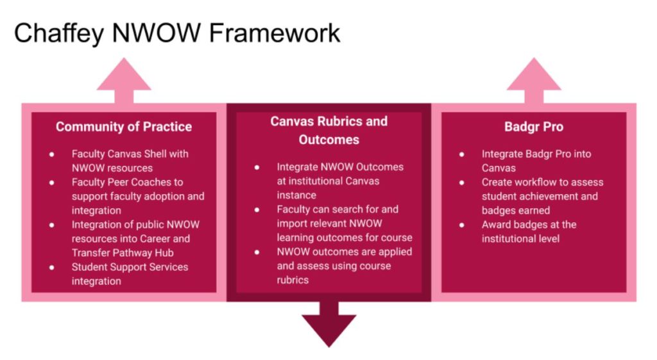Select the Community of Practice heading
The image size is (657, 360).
(124, 127)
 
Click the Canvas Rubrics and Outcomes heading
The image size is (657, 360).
(328, 130)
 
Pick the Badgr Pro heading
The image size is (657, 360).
(534, 127)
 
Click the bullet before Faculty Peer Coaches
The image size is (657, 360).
(52, 183)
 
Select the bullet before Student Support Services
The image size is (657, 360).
(52, 267)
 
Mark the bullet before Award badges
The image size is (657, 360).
(462, 225)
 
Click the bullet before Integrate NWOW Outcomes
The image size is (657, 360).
(257, 167)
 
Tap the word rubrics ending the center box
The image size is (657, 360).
(293, 280)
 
